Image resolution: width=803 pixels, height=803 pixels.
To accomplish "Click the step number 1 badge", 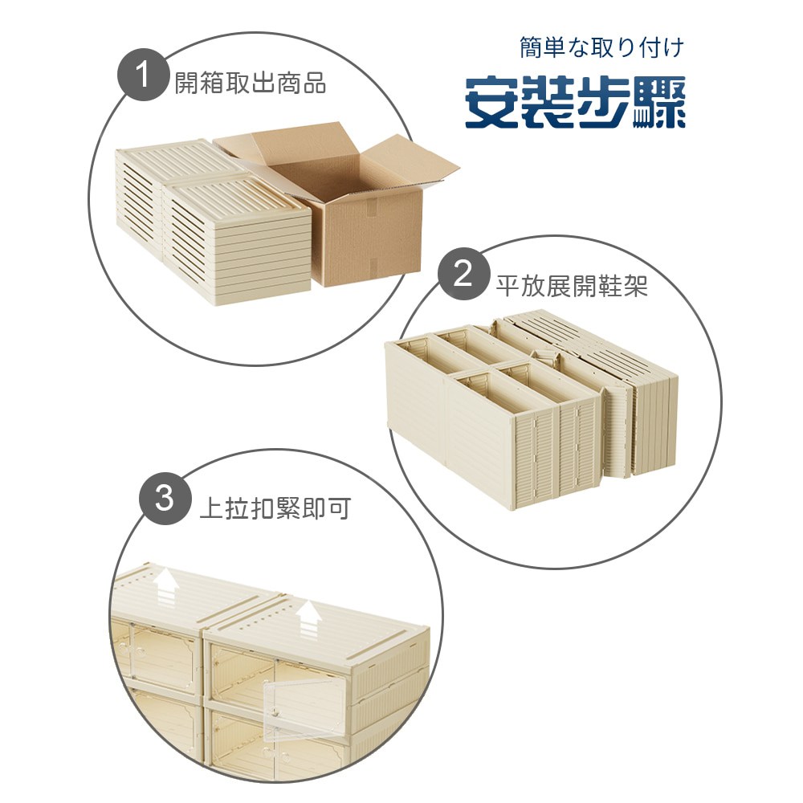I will tap(143, 79).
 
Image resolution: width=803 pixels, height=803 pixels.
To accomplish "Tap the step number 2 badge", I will tap(463, 275).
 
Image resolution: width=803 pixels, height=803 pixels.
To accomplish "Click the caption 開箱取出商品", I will tap(251, 83).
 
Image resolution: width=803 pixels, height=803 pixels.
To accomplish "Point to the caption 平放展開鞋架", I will tap(572, 286).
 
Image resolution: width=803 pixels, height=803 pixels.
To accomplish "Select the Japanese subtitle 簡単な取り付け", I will tap(601, 48).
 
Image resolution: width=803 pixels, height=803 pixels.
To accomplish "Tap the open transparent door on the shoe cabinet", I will tap(299, 706).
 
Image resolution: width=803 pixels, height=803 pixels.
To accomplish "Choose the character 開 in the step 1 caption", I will tap(186, 83).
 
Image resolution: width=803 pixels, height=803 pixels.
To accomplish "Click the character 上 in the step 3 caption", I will tap(211, 508).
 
